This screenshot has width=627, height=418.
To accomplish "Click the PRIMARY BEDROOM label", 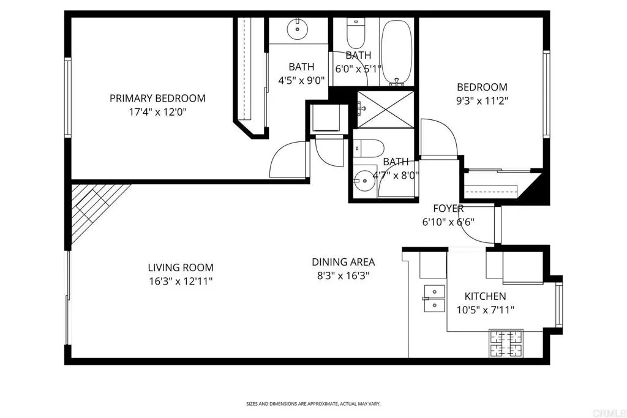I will click(x=157, y=98).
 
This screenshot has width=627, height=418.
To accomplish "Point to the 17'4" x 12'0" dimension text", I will click(x=157, y=112).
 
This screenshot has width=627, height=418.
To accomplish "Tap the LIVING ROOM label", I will click(x=181, y=267).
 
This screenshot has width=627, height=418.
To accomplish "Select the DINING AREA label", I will click(x=343, y=262).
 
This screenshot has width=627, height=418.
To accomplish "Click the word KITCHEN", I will click(x=485, y=296).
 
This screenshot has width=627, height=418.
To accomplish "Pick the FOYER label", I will click(x=448, y=209).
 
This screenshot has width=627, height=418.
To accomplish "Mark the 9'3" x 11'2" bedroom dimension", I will click(x=482, y=101).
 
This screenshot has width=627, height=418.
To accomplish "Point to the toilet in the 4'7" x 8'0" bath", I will click(x=370, y=148).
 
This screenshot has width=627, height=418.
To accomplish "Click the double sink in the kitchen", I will click(x=435, y=298).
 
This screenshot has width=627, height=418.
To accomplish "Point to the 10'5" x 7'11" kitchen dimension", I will click(x=485, y=310).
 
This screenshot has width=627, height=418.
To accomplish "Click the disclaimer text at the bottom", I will click(x=313, y=404).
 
